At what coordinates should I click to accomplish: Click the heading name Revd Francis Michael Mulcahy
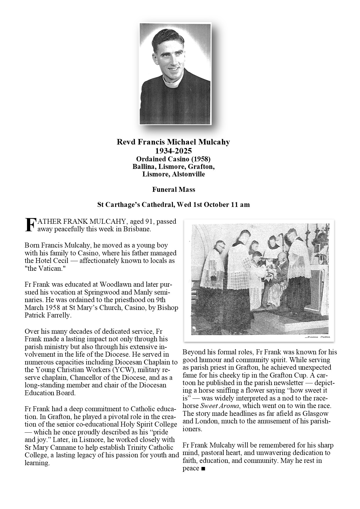click(173, 142)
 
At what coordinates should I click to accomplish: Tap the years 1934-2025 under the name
click(173, 151)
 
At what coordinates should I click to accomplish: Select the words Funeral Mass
click(174, 189)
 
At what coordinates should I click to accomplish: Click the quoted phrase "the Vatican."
click(45, 268)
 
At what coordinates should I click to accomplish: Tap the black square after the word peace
click(203, 469)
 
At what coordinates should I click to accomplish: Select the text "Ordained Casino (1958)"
click(173, 159)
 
